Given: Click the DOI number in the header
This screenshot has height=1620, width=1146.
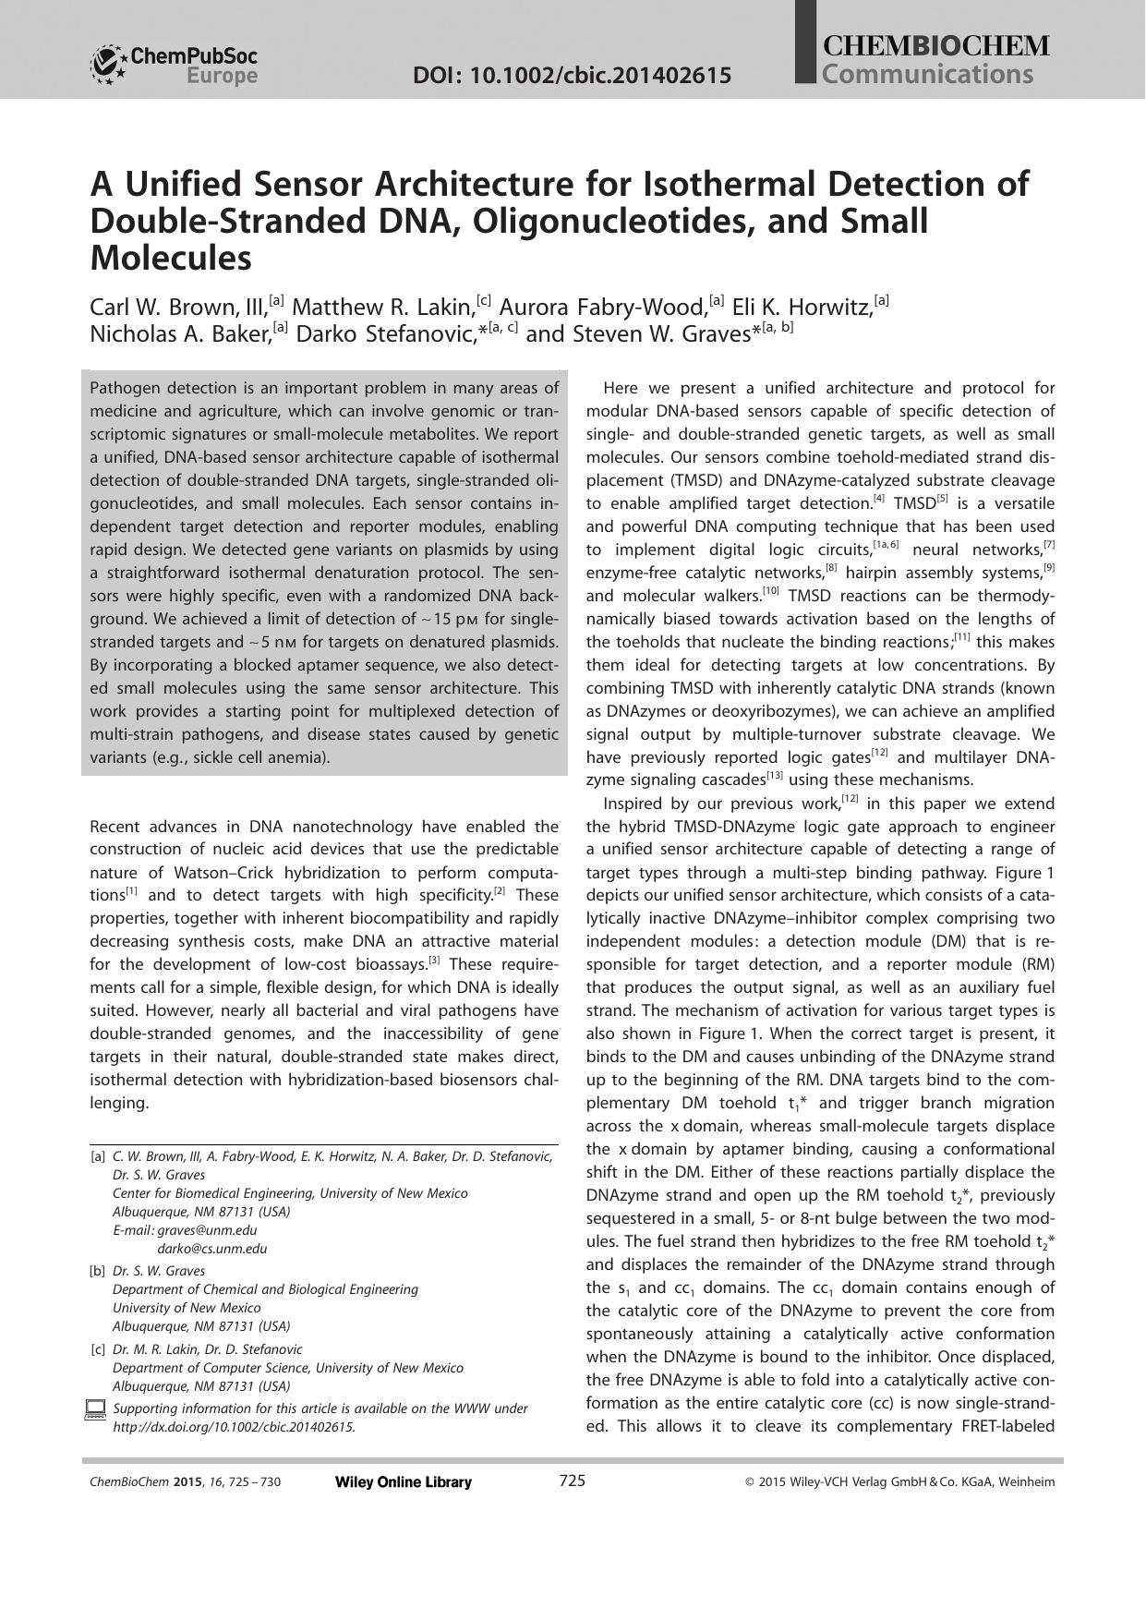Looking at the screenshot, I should [572, 76].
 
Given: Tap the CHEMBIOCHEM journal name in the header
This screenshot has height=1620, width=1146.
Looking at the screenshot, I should [935, 47].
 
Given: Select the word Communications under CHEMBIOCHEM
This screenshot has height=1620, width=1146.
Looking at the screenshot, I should [927, 75].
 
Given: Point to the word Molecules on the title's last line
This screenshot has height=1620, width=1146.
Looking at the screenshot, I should [171, 259].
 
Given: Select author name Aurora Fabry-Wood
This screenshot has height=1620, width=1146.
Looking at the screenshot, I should [603, 307].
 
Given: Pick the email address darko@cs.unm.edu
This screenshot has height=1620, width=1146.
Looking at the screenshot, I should [211, 1249].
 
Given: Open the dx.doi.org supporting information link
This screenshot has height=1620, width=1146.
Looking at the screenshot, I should [234, 1427].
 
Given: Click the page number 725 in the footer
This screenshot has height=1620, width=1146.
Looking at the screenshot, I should [572, 1481].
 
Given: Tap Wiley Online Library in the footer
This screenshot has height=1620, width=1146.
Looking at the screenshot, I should [403, 1482].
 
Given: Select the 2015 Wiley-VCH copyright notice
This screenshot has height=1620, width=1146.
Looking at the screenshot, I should [899, 1482].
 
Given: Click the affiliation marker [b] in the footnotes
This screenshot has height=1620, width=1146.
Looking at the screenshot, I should [97, 1271].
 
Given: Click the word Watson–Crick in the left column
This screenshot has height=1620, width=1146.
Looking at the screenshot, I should [199, 873].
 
